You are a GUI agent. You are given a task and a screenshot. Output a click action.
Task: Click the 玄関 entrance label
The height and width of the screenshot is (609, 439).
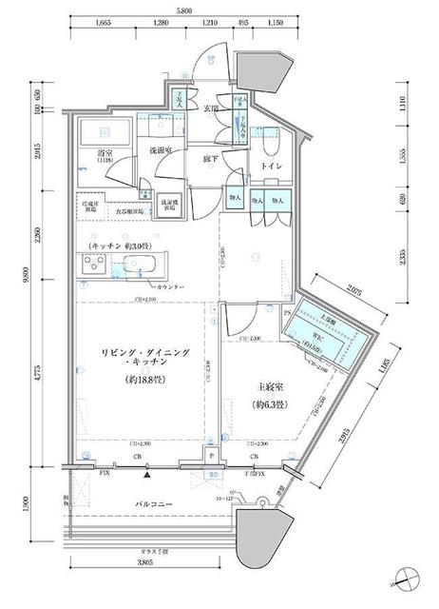point(212,108)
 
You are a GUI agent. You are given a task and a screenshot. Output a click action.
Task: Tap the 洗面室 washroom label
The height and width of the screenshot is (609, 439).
point(159,151)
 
